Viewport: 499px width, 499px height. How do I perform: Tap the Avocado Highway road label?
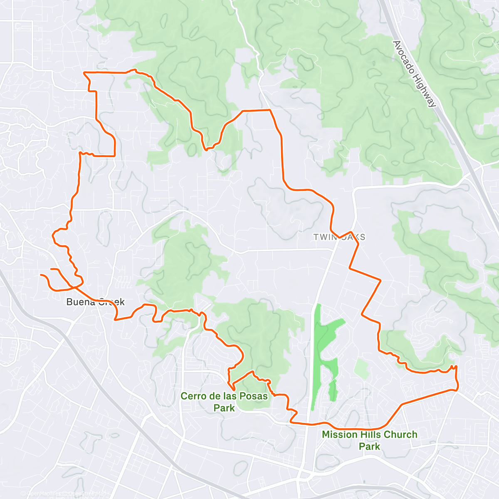point(414,74)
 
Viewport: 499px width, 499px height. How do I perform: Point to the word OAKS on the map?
point(353,237)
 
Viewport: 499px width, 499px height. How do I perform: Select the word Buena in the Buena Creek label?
point(81,302)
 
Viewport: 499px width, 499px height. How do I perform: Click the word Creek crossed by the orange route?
point(111,302)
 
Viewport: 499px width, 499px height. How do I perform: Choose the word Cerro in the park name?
point(193,396)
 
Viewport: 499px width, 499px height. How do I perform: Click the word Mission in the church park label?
point(340,435)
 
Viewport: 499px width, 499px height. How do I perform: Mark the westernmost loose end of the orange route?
point(41,275)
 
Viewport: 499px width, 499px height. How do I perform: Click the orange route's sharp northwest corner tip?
point(84,73)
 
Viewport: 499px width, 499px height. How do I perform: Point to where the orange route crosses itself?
point(74,286)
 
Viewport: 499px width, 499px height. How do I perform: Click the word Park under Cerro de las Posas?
point(224,408)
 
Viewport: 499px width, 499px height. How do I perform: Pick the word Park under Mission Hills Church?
point(369,447)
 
